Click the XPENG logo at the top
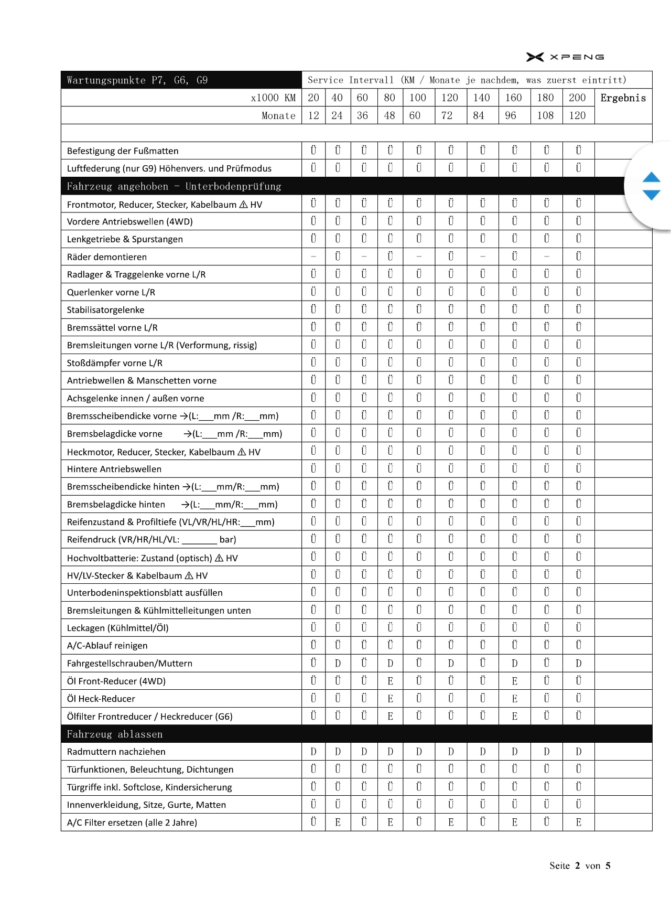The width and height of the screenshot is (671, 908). tap(565, 57)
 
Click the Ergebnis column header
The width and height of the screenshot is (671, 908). tap(623, 98)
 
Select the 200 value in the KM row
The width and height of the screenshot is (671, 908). tap(577, 98)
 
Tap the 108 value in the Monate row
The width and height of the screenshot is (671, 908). tap(545, 115)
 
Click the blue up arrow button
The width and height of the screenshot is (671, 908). tap(651, 177)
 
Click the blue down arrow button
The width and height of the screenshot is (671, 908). tap(651, 195)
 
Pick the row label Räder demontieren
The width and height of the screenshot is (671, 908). tap(107, 257)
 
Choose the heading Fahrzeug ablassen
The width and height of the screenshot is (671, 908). tap(115, 734)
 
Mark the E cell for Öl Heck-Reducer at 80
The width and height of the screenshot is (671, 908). tap(390, 699)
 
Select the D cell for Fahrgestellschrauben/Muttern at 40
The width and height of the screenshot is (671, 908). tap(338, 664)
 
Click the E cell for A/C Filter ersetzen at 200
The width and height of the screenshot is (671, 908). tap(578, 822)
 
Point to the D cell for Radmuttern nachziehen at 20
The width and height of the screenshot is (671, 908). tap(313, 752)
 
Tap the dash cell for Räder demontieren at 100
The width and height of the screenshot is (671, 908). tap(418, 257)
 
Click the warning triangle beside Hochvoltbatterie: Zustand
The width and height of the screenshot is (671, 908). tap(219, 558)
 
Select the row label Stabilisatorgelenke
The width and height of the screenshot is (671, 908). tap(105, 310)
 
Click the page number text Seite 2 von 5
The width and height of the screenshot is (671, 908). tap(580, 866)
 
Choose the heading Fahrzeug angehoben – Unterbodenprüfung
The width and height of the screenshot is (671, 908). tap(174, 186)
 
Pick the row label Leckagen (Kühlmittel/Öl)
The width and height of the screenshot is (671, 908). tap(117, 628)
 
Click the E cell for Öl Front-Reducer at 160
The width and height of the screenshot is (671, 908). tap(514, 681)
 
